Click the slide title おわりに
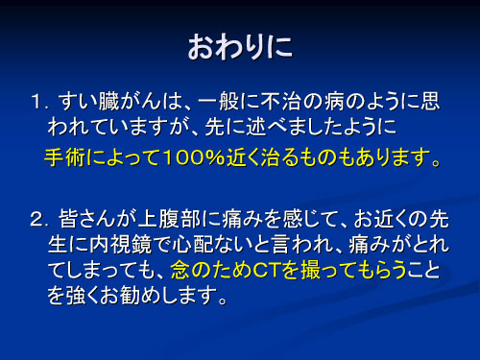[x=240, y=46]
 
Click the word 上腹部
[x=176, y=220]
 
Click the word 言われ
[x=303, y=246]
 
